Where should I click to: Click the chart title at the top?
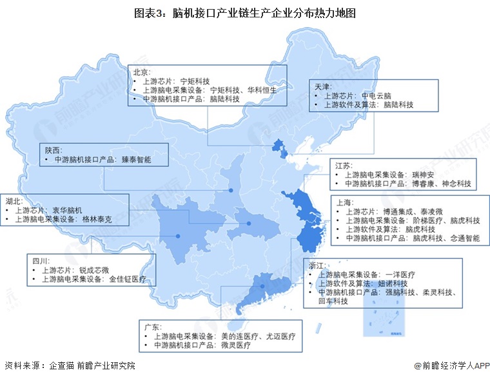point(245,12)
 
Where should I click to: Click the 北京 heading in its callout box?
point(141,72)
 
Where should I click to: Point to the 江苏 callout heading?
point(346,164)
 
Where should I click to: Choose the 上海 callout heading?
point(344,201)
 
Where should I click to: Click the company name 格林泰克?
point(99,219)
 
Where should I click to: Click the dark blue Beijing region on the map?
point(279,147)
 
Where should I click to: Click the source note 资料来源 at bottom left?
point(24,365)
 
